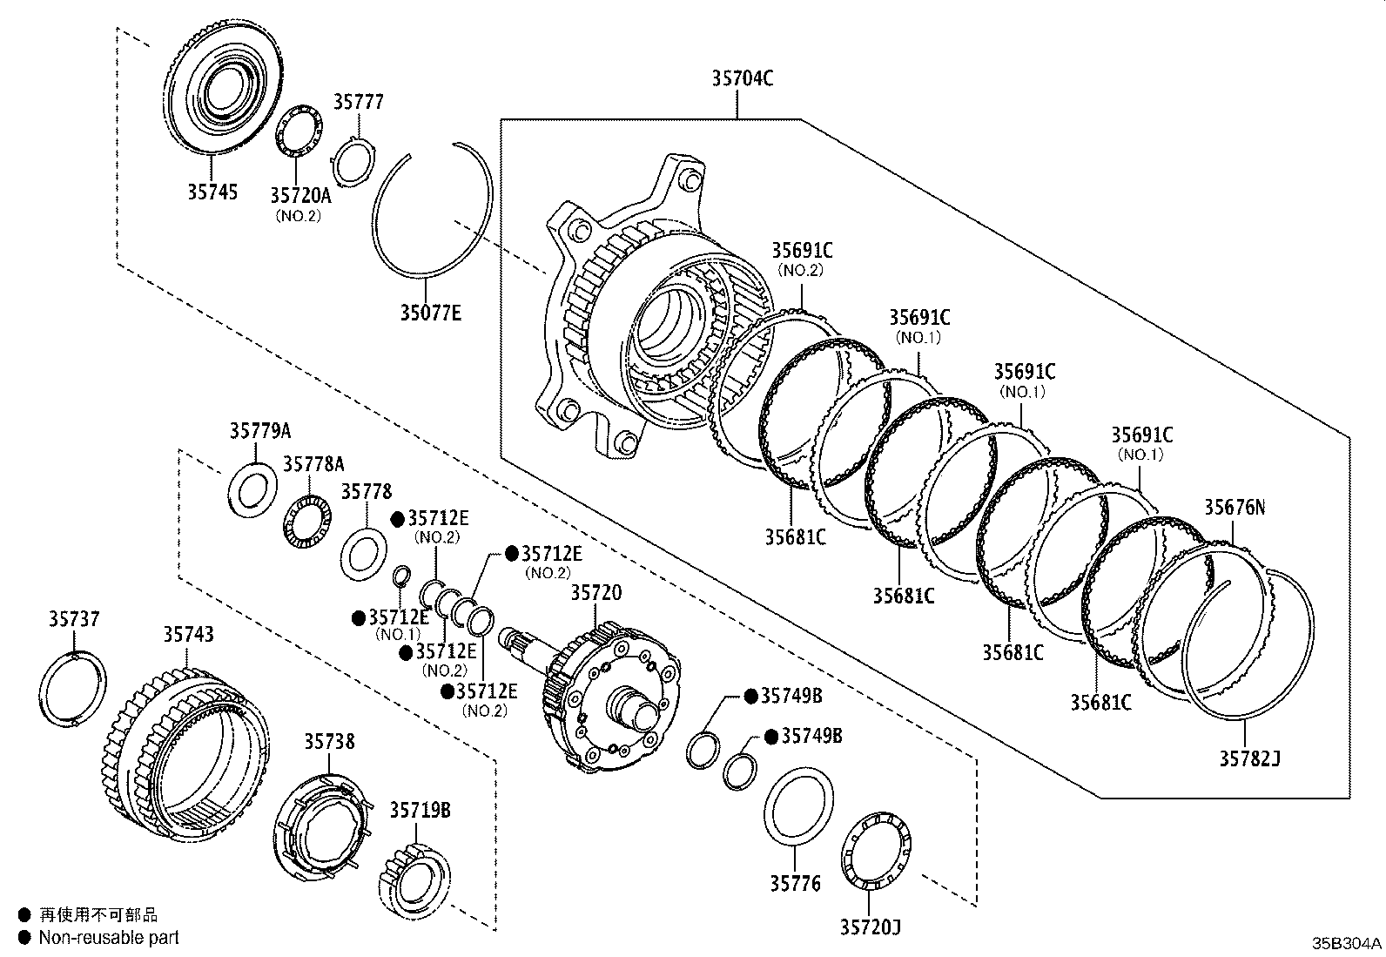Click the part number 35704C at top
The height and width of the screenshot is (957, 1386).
(742, 78)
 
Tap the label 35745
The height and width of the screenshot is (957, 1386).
(212, 192)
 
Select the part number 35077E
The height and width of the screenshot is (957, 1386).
(430, 311)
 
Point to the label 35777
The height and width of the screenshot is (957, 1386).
(358, 103)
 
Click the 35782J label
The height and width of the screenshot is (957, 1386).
(1248, 758)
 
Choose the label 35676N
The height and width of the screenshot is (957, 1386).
(1235, 507)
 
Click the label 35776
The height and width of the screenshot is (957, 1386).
(794, 884)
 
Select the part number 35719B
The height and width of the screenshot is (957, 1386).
(420, 811)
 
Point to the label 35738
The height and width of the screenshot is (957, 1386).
(329, 742)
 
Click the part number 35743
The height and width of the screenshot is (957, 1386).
(188, 634)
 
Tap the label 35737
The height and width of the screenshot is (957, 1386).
(74, 619)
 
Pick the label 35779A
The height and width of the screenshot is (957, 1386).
(259, 431)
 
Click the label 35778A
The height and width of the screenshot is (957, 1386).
(313, 462)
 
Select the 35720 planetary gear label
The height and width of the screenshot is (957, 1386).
(596, 593)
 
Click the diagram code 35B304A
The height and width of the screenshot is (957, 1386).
(1347, 944)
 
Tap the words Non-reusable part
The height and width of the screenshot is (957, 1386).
(109, 938)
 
